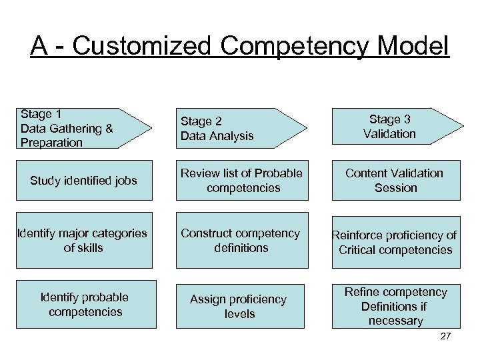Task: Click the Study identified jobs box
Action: click(83, 181)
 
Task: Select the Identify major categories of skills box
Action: click(83, 240)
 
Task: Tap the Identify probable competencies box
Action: click(83, 305)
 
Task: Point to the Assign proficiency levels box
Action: click(241, 306)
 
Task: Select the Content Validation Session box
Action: click(396, 181)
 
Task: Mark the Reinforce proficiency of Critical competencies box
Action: click(396, 243)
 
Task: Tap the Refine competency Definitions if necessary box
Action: click(396, 306)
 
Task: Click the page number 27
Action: click(446, 336)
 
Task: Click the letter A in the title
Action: click(39, 46)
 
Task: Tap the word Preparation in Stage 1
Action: click(52, 142)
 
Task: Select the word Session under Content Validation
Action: click(396, 188)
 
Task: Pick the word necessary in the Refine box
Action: click(396, 321)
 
